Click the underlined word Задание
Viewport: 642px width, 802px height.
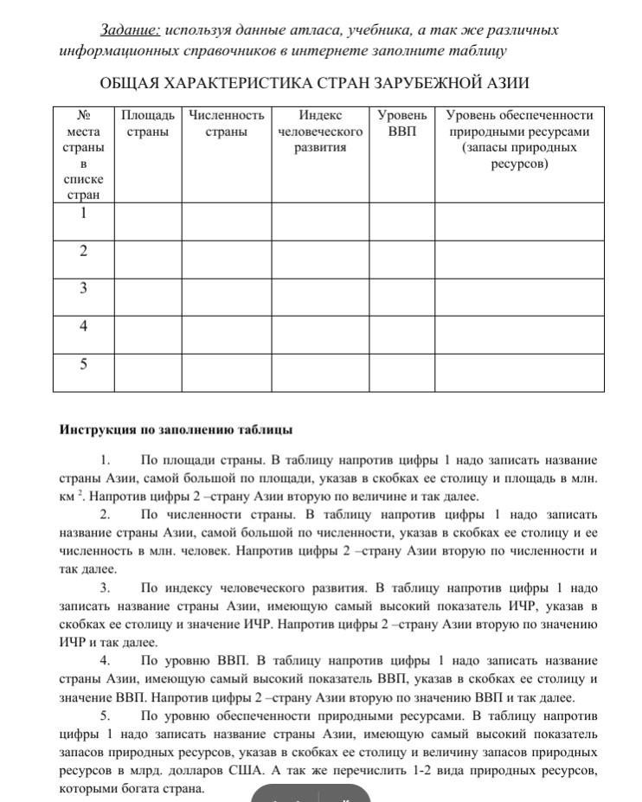coord(130,30)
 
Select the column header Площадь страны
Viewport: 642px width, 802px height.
coord(148,123)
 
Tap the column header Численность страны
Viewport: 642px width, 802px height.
coord(227,123)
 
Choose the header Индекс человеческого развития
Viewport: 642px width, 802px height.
coord(320,131)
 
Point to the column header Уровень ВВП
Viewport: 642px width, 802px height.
coord(402,123)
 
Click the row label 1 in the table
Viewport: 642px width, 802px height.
coord(84,213)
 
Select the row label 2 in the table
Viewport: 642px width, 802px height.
coord(84,251)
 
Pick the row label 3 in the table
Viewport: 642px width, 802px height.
coord(84,288)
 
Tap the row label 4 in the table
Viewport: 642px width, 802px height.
coord(84,326)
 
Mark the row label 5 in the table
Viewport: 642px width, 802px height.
coord(84,364)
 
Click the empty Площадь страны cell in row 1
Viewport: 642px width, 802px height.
coord(148,221)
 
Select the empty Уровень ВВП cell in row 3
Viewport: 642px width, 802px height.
coord(402,297)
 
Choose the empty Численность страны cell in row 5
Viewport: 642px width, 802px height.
coord(227,373)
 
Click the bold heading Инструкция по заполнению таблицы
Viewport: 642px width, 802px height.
coord(177,429)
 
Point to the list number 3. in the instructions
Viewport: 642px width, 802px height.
coord(105,588)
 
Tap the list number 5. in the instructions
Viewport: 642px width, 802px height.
coord(105,715)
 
